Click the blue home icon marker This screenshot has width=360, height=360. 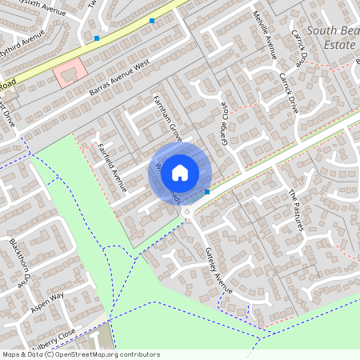[180, 173]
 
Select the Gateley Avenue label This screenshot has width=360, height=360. [218, 269]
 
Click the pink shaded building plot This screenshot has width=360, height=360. [69, 75]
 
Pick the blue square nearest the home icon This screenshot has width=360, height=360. [207, 192]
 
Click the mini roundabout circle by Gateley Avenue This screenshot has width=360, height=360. [186, 211]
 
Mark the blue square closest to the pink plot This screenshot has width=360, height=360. [97, 38]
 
